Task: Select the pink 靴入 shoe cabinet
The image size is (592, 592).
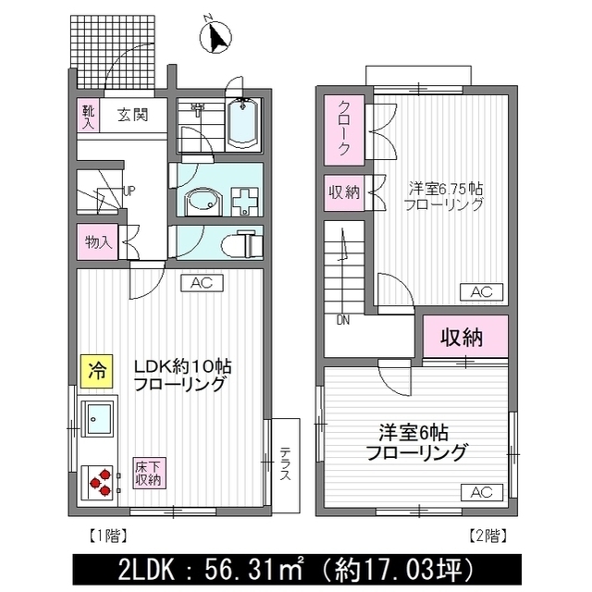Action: [83, 116]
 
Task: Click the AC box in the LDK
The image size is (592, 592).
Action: [201, 283]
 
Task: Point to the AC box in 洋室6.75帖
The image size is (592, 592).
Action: [482, 291]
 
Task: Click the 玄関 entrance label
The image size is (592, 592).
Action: [132, 116]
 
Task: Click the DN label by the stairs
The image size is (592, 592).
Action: [342, 322]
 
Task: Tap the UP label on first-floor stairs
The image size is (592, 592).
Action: [129, 191]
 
